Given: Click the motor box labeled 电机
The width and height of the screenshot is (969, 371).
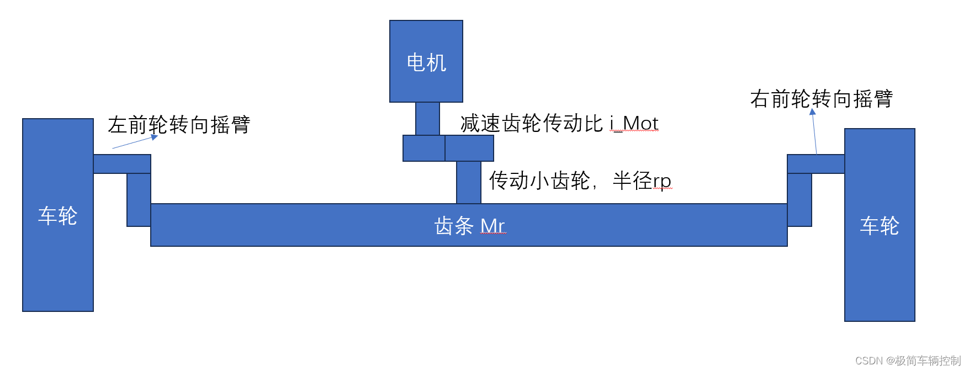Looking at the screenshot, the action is point(426,61).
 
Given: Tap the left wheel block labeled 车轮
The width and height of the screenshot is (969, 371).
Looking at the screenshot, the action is point(58,215).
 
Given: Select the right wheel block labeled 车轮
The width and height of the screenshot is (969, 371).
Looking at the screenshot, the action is point(880,225).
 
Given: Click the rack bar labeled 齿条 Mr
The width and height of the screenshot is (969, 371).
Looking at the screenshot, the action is point(469,225).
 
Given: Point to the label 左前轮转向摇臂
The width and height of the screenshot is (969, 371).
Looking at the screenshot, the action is point(179,125).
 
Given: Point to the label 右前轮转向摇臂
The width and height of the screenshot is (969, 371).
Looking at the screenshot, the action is point(821,99).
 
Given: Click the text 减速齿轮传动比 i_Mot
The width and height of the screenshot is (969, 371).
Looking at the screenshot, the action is point(559,123).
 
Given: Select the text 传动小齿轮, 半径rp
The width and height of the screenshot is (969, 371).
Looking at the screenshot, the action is point(580,181).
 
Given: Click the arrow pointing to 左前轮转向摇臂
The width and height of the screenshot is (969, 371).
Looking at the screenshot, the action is point(135,142).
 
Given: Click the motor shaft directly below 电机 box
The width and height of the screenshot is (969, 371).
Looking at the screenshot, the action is point(427,119).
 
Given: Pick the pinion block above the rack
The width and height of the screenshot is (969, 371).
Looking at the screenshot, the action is point(469,182).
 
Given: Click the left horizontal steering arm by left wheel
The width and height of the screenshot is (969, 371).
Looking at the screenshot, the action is point(122,164).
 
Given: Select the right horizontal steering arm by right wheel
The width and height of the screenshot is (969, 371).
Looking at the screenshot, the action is point(816,164).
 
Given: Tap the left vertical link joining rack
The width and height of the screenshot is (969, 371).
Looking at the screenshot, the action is point(139,200).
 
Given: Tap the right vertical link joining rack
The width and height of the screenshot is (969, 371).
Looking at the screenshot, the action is point(799,200).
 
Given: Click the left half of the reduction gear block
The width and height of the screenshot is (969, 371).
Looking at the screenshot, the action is point(424,148).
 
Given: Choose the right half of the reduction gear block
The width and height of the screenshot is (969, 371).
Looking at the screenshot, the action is point(469,148).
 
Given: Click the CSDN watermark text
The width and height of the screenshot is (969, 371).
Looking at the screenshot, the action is point(908,361).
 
